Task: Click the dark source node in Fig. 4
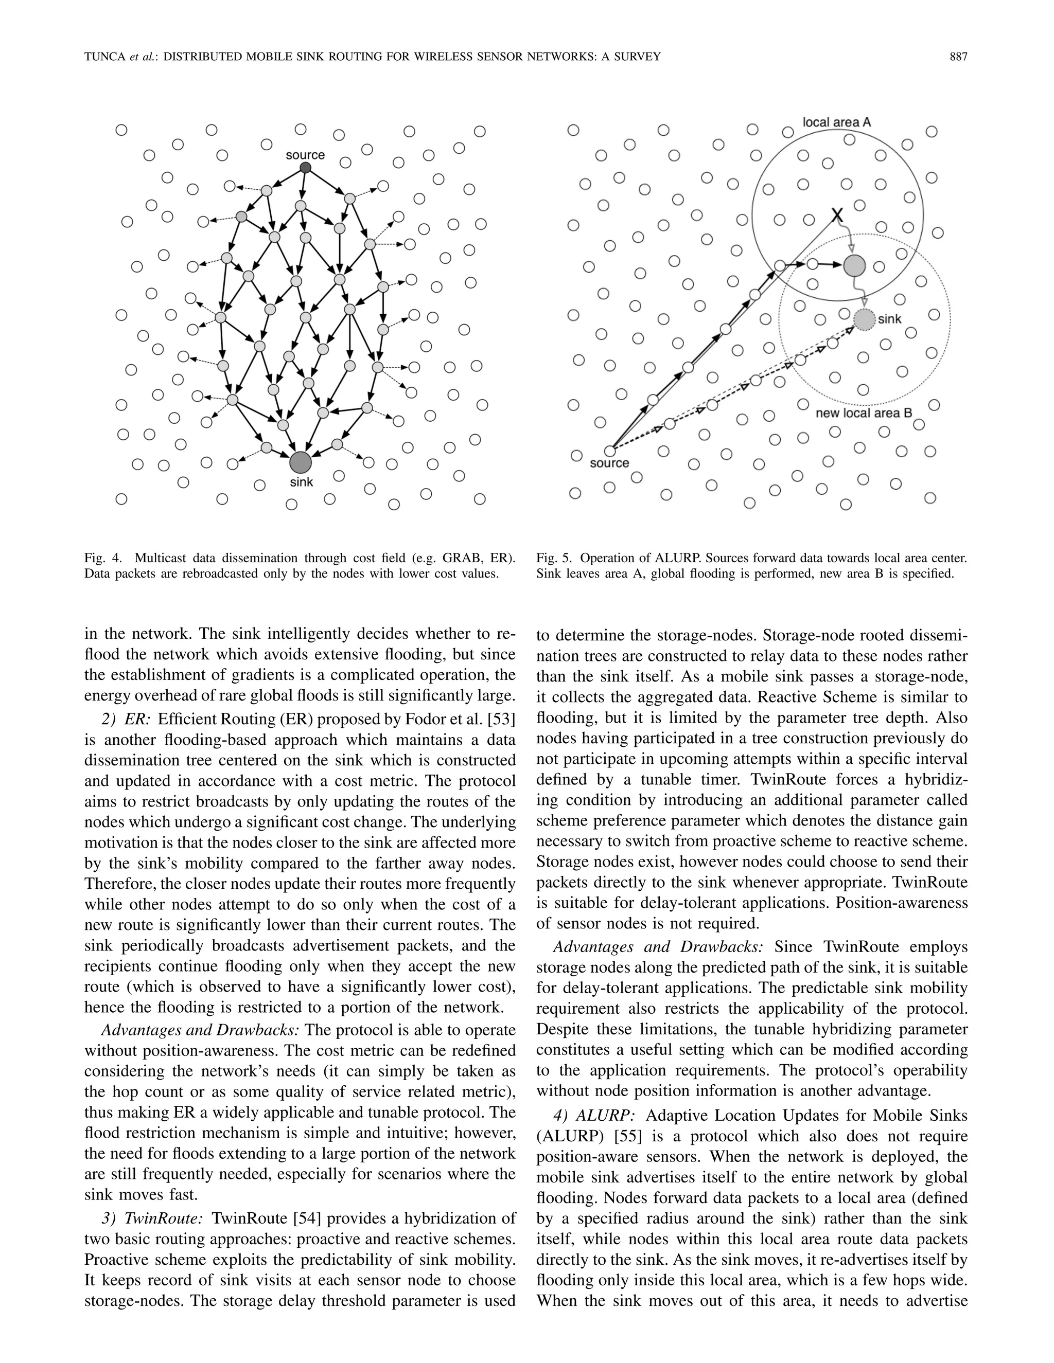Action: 305,168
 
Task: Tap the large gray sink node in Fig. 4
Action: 301,462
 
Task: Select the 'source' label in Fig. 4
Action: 305,155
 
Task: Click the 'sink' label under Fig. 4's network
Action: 302,482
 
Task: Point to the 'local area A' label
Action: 836,122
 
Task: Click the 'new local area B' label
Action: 864,413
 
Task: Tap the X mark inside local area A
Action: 837,217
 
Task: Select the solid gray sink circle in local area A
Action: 854,266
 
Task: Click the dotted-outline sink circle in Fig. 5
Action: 865,319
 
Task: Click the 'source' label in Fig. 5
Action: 609,463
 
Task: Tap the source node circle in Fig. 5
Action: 610,450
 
